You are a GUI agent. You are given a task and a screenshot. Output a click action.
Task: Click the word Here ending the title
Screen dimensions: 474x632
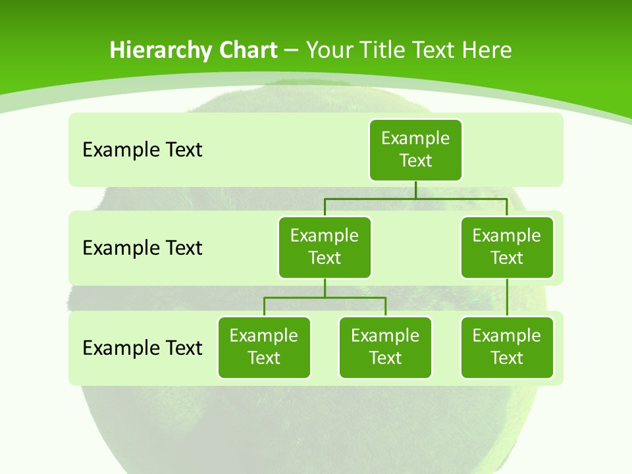click(487, 50)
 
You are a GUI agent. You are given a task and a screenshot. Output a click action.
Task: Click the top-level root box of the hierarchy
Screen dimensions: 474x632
click(415, 150)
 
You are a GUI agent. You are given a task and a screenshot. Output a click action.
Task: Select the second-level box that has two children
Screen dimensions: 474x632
click(325, 248)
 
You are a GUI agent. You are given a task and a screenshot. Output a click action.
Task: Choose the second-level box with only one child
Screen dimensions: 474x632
click(507, 248)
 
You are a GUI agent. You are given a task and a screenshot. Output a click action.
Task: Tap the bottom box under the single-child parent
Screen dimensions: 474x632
click(507, 348)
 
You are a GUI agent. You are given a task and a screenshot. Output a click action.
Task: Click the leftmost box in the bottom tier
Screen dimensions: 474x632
click(264, 348)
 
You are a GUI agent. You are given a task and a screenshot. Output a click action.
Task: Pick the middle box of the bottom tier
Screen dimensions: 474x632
click(385, 348)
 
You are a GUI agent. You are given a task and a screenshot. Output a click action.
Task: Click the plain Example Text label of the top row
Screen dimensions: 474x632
click(142, 150)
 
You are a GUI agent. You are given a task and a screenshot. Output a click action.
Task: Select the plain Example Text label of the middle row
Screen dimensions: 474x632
click(142, 248)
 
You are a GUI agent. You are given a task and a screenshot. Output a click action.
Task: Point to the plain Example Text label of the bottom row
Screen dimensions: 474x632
click(142, 348)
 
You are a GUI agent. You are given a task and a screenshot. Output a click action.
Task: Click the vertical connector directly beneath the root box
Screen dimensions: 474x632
click(415, 190)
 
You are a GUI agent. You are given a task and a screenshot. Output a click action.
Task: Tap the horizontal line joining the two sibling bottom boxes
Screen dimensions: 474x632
click(325, 298)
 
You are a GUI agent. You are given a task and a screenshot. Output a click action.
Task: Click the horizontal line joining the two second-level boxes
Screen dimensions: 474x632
click(415, 198)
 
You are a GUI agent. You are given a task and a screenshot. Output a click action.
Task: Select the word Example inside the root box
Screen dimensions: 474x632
click(415, 139)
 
